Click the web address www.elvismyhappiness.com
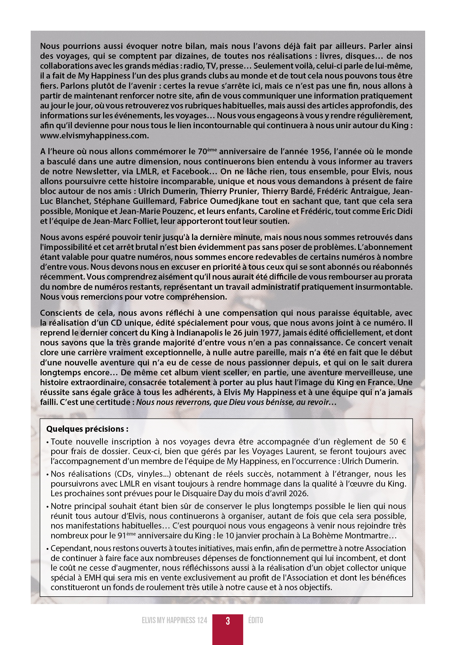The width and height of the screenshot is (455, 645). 94,136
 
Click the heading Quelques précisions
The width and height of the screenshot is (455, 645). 87,429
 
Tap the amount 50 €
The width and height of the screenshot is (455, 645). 398,442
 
